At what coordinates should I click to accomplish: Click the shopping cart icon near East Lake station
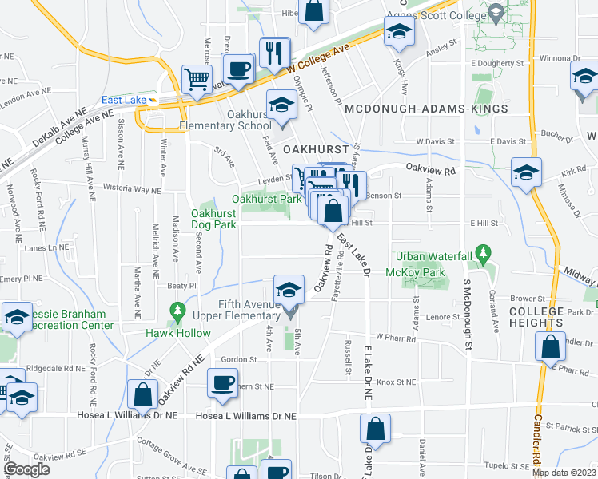coord(196,79)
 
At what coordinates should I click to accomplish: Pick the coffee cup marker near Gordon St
coord(221,382)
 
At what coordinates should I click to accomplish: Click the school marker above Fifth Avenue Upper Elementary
coord(289,289)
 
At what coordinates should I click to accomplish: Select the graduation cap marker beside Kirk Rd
coord(526,174)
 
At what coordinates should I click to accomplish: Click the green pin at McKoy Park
coord(481,254)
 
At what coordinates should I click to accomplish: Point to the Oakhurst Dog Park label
coord(214,218)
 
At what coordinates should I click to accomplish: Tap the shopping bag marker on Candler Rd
coord(550,346)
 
